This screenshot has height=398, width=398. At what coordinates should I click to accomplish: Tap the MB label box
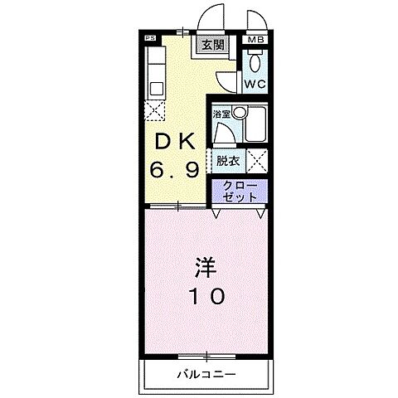255,39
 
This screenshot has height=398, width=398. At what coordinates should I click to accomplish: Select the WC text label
254,85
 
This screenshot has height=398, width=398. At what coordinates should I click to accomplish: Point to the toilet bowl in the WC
255,62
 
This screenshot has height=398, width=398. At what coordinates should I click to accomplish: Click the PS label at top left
150,38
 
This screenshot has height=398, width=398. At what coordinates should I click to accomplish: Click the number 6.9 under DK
173,172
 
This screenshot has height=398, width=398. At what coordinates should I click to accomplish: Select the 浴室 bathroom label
221,114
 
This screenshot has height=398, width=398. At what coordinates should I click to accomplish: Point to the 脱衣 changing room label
227,160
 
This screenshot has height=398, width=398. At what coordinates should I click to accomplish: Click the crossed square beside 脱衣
257,160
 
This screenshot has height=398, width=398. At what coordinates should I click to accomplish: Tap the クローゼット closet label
239,192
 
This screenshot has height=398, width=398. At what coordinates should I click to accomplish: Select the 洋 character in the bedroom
205,267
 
